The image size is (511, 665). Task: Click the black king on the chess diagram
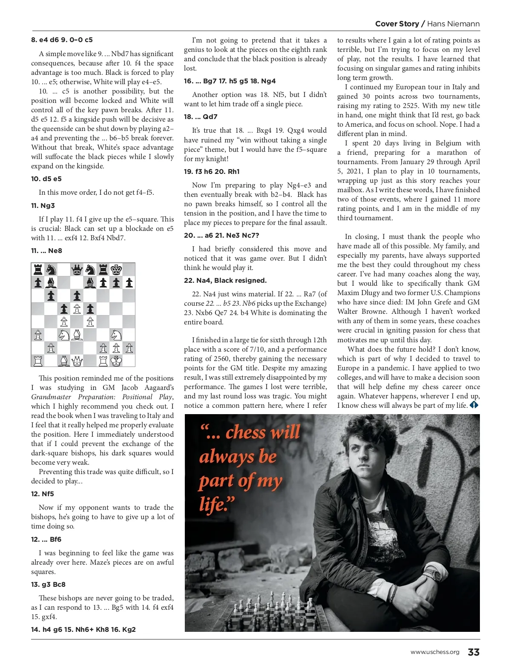point(116,270)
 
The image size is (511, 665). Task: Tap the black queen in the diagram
point(77,270)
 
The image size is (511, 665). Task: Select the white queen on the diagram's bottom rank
point(77,361)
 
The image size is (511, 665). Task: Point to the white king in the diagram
point(116,361)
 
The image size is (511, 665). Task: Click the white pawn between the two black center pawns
point(77,309)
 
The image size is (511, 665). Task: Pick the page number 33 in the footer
point(474,652)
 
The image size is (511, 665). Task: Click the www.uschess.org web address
point(435,652)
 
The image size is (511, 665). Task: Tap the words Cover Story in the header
point(397,24)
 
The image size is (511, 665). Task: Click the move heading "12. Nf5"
point(43,494)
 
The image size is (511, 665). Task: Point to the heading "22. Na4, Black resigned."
point(225,281)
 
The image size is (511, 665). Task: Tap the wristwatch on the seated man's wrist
point(437,575)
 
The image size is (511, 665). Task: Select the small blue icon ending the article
point(474,405)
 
